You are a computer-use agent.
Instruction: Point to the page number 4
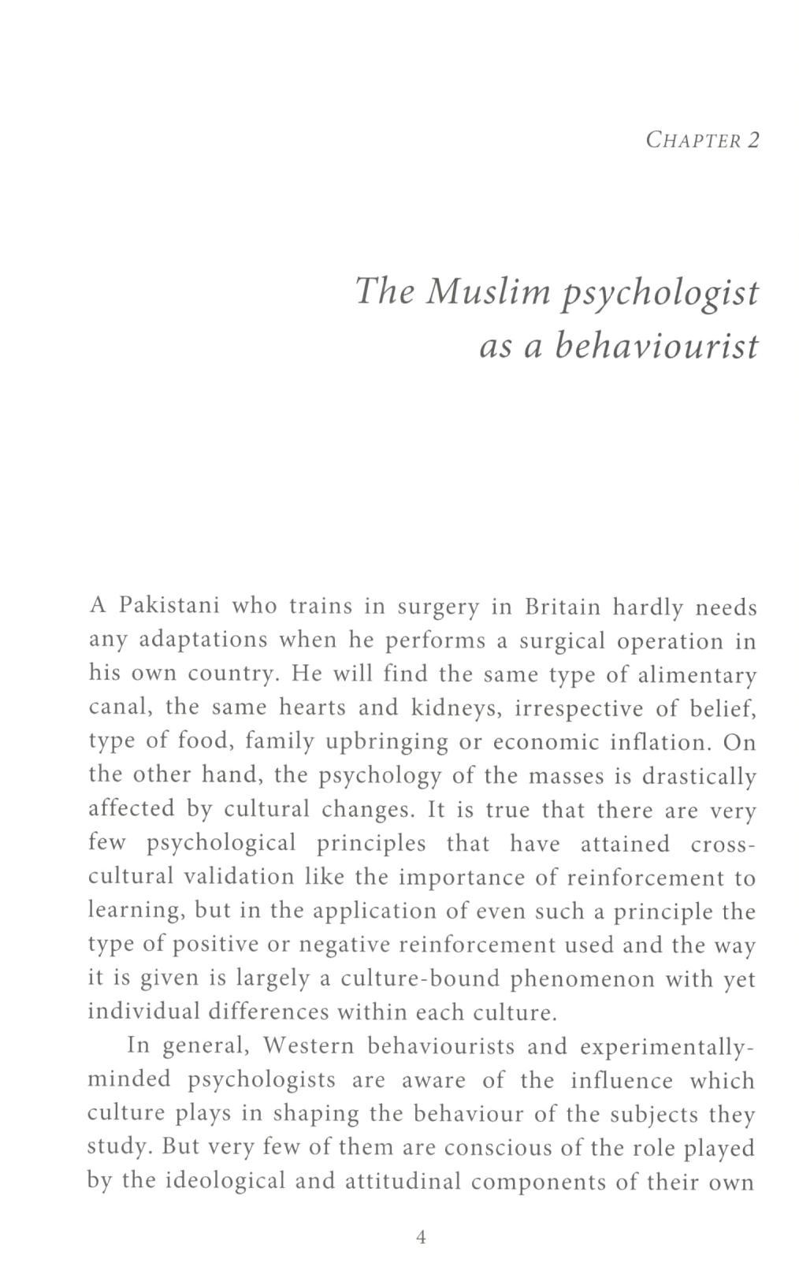pos(421,1238)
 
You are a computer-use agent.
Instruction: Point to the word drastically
pos(699,777)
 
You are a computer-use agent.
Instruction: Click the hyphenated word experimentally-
pos(667,1048)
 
